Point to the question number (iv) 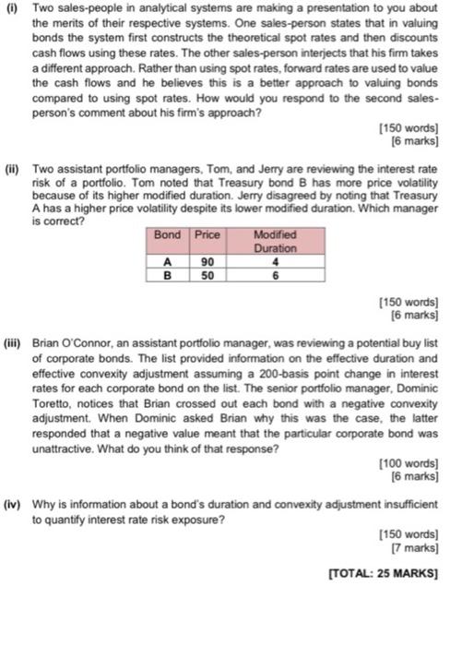(x=13, y=506)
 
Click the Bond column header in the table (x=167, y=235)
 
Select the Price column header (x=207, y=235)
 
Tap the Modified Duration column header (x=275, y=242)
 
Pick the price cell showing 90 (x=207, y=261)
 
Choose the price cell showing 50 (x=207, y=274)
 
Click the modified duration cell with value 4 (x=275, y=261)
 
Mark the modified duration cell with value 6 (x=275, y=274)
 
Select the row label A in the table (x=167, y=261)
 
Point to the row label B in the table (x=167, y=274)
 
